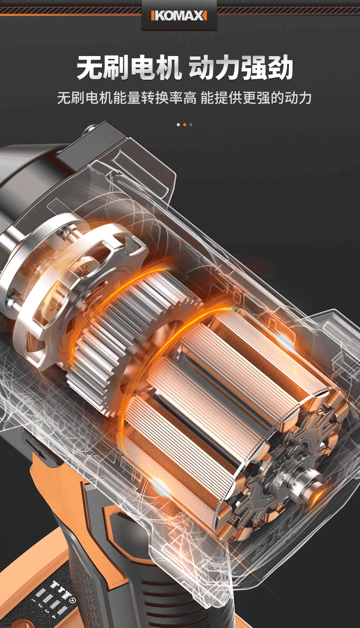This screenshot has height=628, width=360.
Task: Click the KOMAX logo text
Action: pos(179,16)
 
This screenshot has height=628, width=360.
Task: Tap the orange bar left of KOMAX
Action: pos(152,16)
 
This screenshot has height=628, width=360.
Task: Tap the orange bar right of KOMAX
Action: pos(206,16)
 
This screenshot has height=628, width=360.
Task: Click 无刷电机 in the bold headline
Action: pos(129,67)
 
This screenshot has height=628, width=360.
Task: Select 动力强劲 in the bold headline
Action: pos(241,67)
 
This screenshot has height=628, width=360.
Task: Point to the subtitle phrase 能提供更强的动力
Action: pos(256,98)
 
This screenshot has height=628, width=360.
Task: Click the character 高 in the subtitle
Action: pos(190,98)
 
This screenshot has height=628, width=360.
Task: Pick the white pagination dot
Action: pos(178,125)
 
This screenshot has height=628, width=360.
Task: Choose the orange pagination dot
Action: pos(185,125)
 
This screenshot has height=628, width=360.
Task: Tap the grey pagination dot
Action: pos(191,125)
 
